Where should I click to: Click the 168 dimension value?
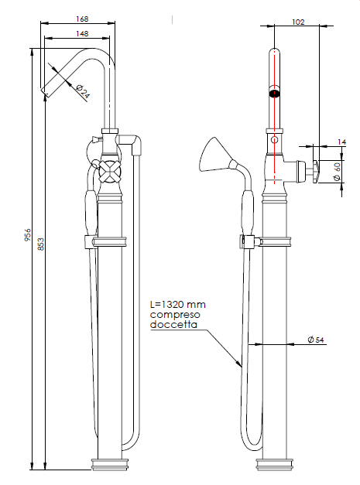82,19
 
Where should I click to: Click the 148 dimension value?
82,33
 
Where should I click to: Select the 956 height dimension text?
28,235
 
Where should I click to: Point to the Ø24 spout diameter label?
83,91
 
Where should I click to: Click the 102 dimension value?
298,22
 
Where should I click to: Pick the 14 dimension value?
341,142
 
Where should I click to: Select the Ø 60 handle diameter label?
337,172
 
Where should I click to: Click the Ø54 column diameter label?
316,340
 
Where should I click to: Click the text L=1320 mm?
178,305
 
